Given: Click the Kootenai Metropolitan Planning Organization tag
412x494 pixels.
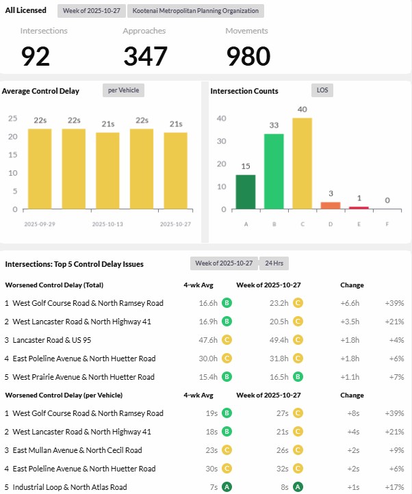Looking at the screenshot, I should coord(196,11).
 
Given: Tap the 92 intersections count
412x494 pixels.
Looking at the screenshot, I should coord(36,56).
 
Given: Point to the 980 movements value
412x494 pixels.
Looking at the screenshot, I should coord(248,56).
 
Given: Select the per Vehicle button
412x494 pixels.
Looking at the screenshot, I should coord(123,90).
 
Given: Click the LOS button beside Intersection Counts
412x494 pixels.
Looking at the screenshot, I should coord(322,90).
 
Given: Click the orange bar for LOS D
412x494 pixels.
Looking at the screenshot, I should coord(331,205).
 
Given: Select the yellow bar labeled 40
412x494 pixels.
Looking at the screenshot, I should coord(302,163).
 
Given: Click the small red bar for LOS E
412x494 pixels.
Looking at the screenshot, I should coord(359,207).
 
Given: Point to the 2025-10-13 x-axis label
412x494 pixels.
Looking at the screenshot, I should coord(107,224).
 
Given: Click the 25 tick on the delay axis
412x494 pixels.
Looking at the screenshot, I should coord(12,118).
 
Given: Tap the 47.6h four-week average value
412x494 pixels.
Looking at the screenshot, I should coord(208,340).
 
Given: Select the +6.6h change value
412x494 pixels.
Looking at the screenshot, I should coord(350,303).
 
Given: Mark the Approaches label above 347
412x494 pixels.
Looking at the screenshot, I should coord(144,31).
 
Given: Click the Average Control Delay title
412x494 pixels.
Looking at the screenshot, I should coord(40,91).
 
